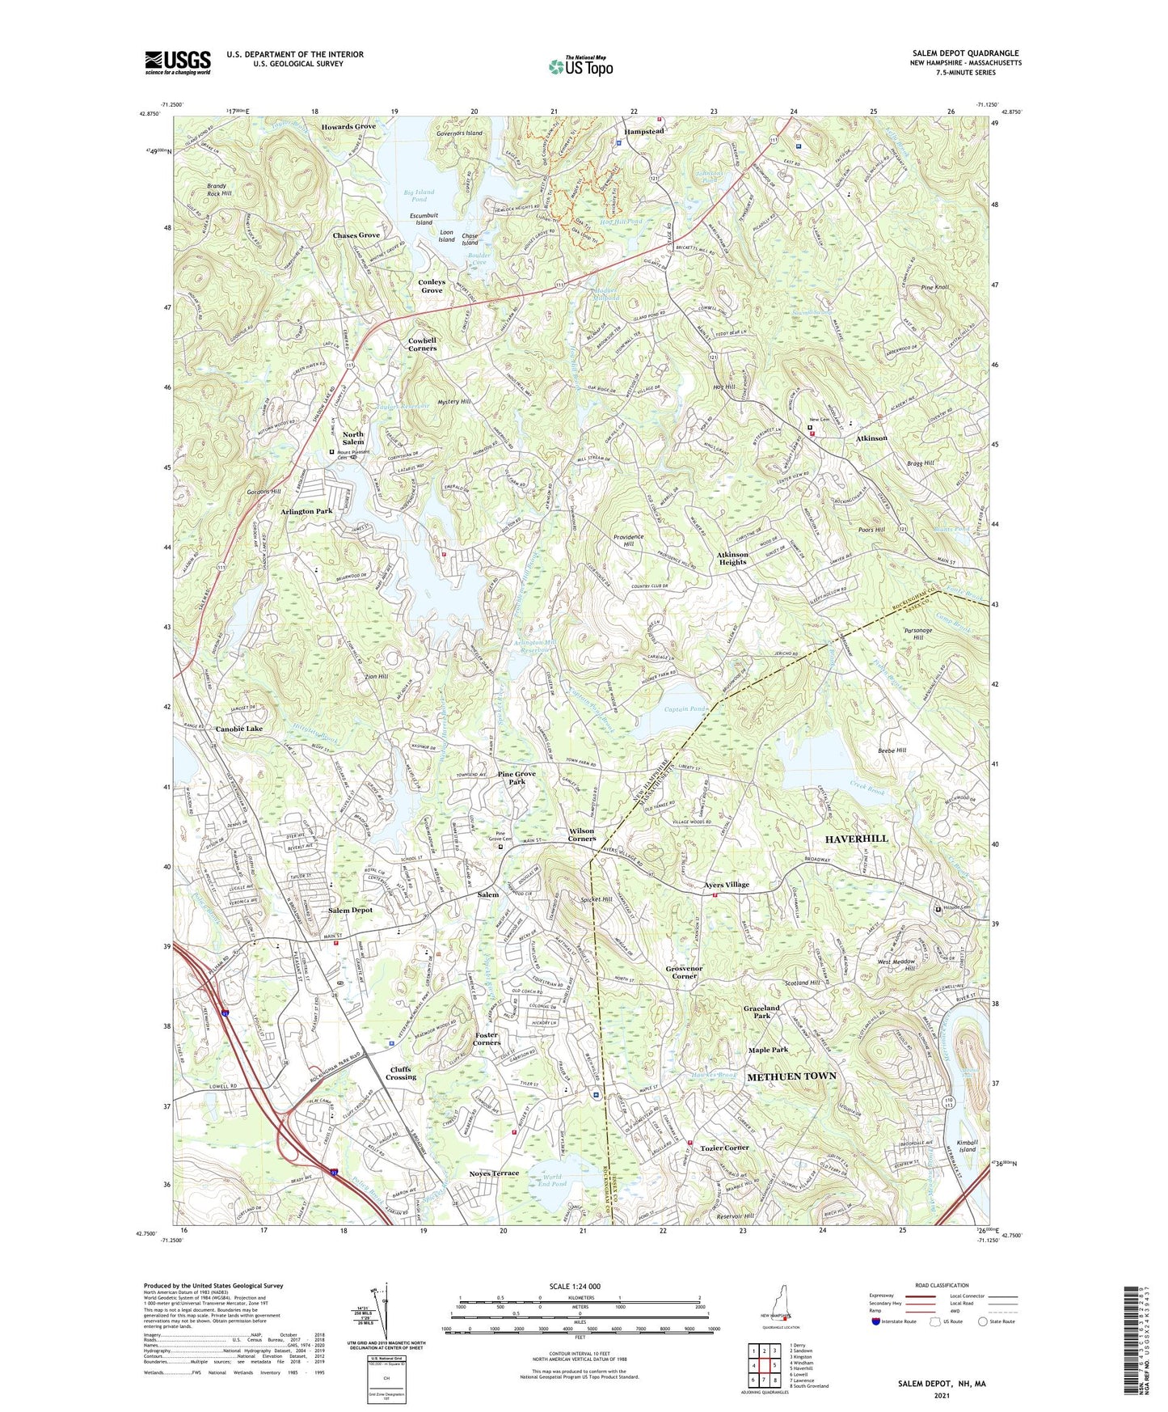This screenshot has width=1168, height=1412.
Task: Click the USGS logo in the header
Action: (x=177, y=62)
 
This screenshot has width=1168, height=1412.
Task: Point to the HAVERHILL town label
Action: (x=856, y=839)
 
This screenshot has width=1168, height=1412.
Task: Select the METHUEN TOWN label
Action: (x=791, y=1076)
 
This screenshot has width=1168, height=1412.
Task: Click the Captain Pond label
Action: (x=685, y=709)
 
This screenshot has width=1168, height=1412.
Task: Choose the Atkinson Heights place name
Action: (x=732, y=558)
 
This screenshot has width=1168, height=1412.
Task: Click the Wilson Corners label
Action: (x=580, y=835)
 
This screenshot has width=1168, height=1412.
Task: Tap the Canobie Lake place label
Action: (x=238, y=729)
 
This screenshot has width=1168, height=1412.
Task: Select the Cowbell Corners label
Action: (x=422, y=345)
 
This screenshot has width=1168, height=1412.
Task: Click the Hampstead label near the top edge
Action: (x=643, y=131)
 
